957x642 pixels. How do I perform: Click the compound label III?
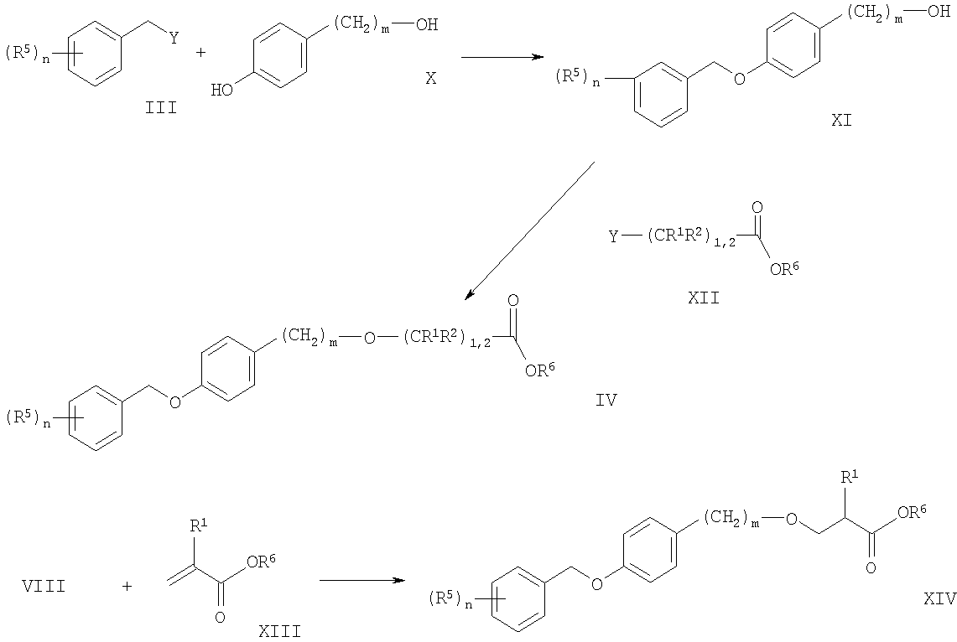pos(161,108)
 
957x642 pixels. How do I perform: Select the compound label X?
pos(431,78)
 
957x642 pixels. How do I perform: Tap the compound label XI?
pos(841,121)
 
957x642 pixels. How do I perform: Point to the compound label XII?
pos(704,298)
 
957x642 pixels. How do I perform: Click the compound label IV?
pos(606,401)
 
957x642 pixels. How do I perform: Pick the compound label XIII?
pos(279,631)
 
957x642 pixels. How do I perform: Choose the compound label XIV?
pos(939,600)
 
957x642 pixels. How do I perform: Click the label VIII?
pos(44,587)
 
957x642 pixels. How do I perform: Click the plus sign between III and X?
pos(200,53)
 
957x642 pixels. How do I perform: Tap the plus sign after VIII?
pos(127,587)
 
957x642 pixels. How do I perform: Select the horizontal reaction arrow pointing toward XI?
pos(502,57)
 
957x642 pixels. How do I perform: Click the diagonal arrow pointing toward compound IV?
pos(530,231)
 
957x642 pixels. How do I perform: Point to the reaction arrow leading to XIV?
pos(362,580)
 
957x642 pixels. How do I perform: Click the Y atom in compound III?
pos(174,39)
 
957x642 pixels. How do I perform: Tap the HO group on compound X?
pos(221,91)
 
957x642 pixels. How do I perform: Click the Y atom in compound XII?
pos(614,236)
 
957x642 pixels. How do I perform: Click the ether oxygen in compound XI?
pos(740,79)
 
